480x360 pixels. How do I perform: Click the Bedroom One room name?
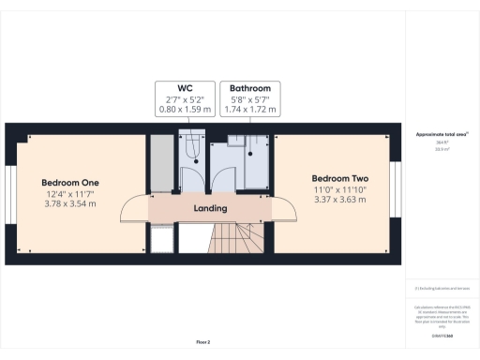70,182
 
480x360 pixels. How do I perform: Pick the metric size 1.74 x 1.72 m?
251,109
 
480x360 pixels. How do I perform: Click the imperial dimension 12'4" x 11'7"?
70,193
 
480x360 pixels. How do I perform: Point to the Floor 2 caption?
203,341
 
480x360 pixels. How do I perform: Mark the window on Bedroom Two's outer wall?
396,194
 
